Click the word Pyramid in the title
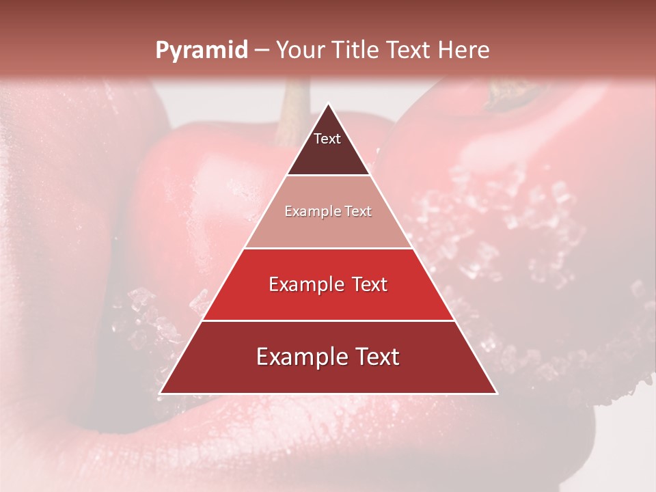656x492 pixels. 201,51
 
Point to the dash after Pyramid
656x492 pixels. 260,51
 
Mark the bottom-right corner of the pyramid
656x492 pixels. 496,393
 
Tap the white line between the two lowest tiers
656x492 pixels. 328,320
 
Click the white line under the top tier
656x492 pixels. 328,175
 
